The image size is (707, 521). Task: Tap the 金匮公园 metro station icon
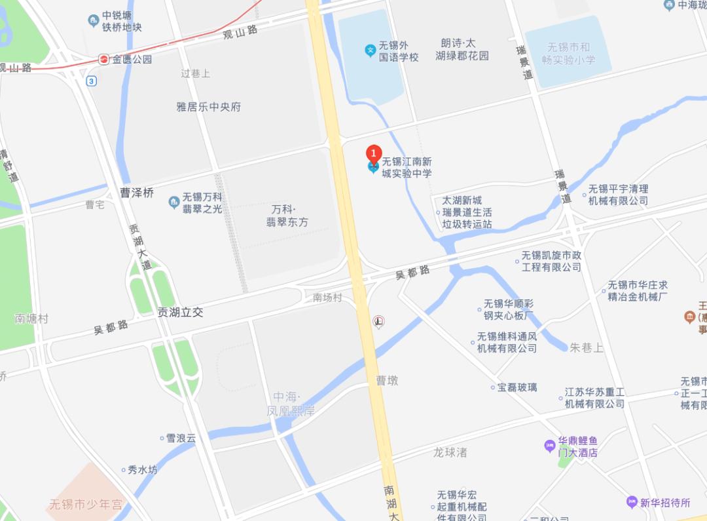pyautogui.click(x=104, y=59)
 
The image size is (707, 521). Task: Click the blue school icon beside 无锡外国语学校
pyautogui.click(x=370, y=48)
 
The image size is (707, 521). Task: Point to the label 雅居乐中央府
pyautogui.click(x=209, y=106)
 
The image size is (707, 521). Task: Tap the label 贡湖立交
pyautogui.click(x=180, y=313)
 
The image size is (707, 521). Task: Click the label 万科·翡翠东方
pyautogui.click(x=287, y=216)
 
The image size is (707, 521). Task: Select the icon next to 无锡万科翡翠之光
pyautogui.click(x=173, y=202)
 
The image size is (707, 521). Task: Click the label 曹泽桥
pyautogui.click(x=137, y=193)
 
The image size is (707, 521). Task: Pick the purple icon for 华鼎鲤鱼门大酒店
pyautogui.click(x=549, y=446)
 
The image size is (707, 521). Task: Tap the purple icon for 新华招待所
pyautogui.click(x=631, y=503)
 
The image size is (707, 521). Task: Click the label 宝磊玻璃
pyautogui.click(x=517, y=387)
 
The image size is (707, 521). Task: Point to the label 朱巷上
pyautogui.click(x=587, y=347)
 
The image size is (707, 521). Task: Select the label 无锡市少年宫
pyautogui.click(x=86, y=505)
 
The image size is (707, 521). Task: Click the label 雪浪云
pyautogui.click(x=181, y=438)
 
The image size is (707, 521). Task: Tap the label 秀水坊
pyautogui.click(x=142, y=470)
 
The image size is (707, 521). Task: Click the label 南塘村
pyautogui.click(x=31, y=318)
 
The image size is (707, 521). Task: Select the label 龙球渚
pyautogui.click(x=450, y=452)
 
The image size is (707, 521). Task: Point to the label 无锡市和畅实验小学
pyautogui.click(x=569, y=53)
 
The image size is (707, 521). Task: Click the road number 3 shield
pyautogui.click(x=92, y=81)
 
